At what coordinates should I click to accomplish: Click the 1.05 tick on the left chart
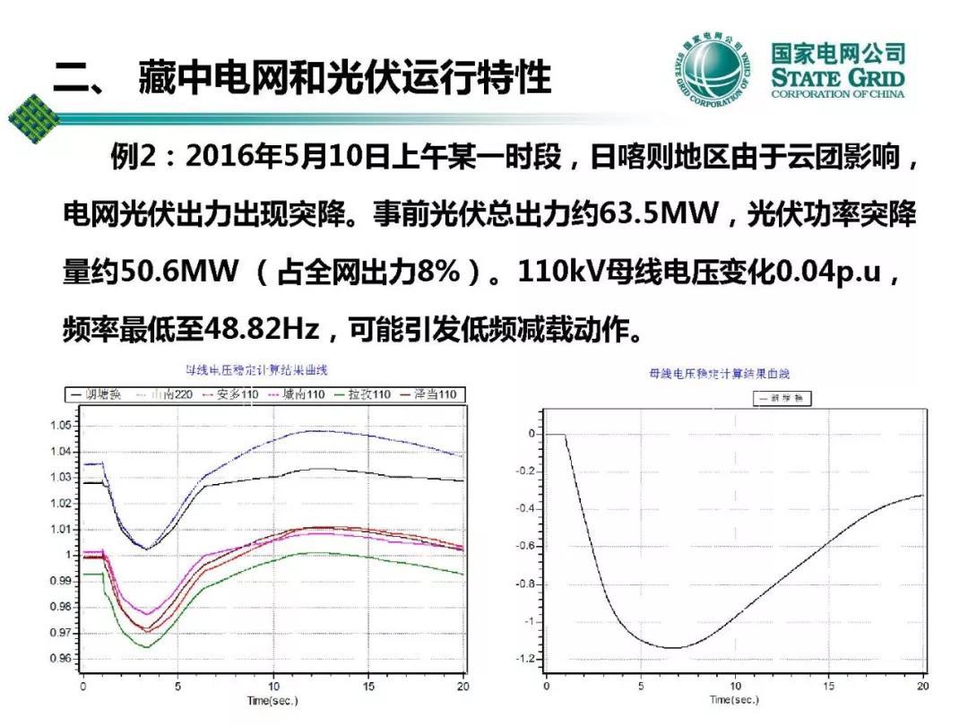(62, 426)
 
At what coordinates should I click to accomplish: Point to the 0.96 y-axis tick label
(62, 659)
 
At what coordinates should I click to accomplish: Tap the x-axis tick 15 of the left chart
(368, 687)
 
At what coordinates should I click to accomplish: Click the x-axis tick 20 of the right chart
(922, 687)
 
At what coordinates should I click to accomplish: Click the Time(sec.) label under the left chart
(272, 701)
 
